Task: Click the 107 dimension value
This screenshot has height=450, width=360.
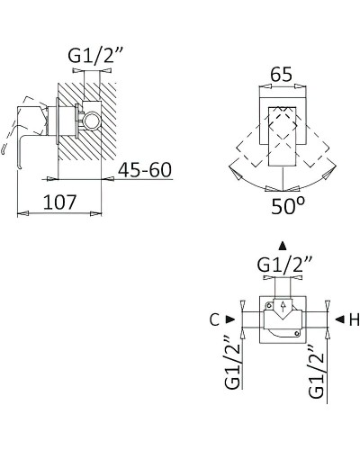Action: point(60,202)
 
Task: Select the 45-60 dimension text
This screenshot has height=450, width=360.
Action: point(145,169)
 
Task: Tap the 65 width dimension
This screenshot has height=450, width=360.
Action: point(281,74)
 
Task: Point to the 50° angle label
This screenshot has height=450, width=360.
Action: point(288,206)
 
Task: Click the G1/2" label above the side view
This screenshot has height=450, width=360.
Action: point(92,55)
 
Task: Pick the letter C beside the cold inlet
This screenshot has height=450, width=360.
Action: point(214,320)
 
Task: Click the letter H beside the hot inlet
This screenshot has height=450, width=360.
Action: point(355,320)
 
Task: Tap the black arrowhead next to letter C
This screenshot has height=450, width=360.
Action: point(230,319)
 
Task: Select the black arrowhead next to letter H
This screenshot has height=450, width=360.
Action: point(339,319)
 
